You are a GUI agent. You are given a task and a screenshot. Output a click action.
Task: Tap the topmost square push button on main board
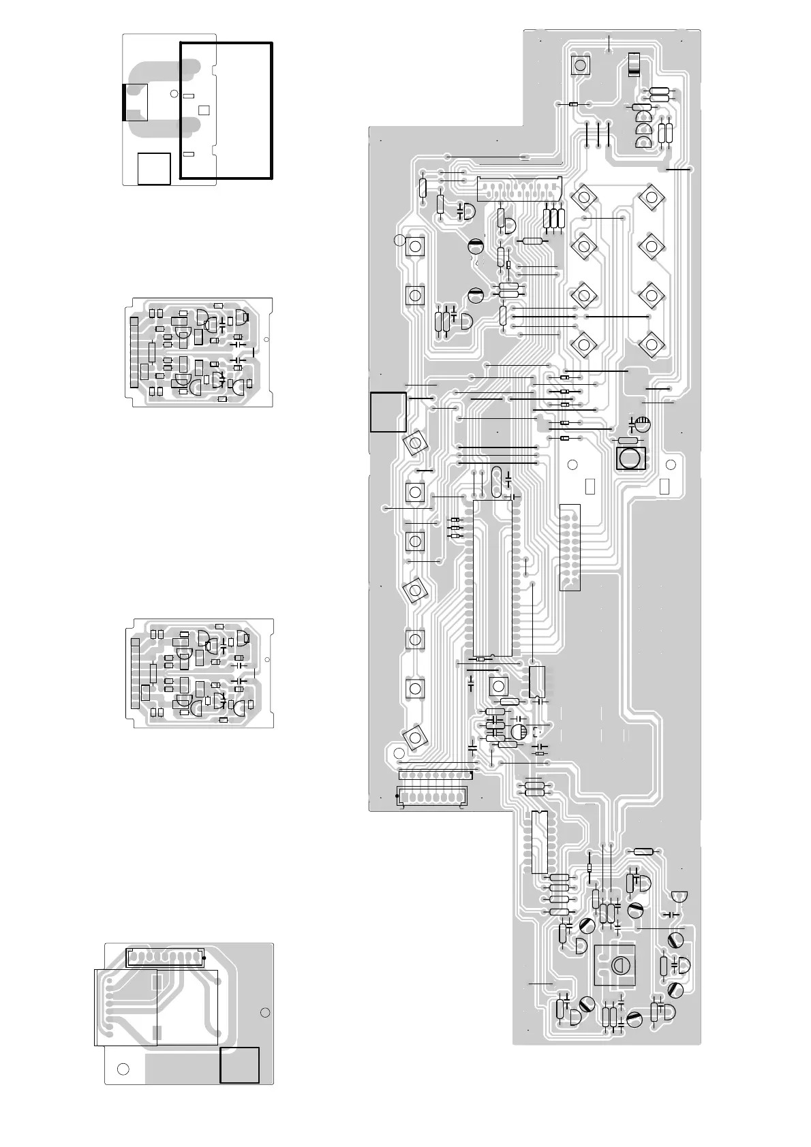coord(580,65)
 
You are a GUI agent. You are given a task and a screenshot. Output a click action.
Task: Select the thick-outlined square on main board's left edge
coord(388,411)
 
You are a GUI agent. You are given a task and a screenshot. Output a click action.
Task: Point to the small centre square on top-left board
coord(203,110)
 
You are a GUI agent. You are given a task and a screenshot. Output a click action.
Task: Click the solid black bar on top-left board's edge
coord(123,102)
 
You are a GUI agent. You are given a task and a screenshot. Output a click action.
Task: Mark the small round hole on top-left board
coord(174,93)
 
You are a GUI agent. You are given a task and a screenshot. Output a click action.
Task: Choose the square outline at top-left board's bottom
coord(153,168)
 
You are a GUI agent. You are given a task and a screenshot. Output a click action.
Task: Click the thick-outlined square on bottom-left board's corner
coord(239,1065)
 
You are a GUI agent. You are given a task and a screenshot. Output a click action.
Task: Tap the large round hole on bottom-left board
coord(123,1068)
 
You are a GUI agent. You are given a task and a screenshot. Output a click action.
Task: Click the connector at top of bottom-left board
coord(165,957)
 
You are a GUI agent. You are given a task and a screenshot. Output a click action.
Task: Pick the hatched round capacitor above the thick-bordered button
coord(642,424)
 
